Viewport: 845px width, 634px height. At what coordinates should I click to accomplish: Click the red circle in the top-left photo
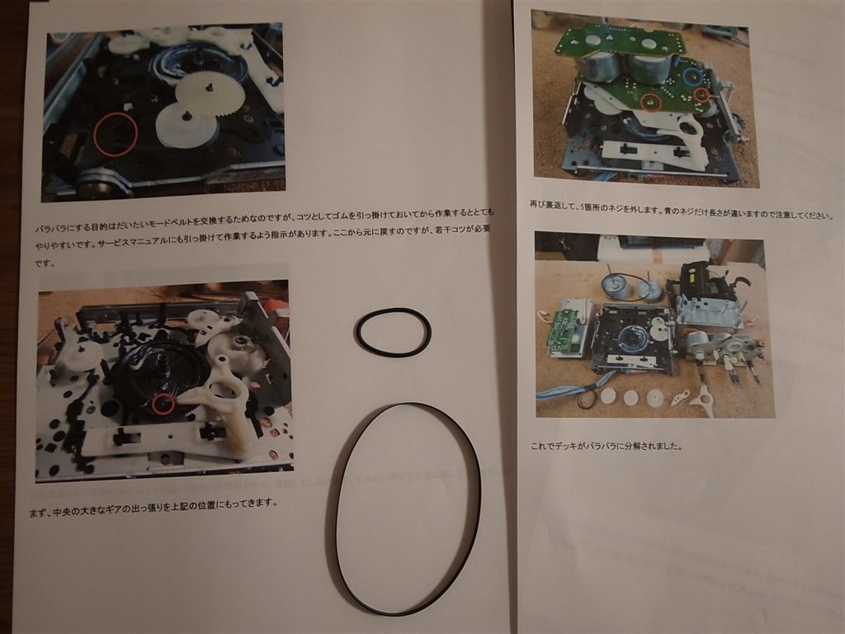[x=114, y=135]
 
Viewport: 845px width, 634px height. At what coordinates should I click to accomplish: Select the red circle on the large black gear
[x=163, y=405]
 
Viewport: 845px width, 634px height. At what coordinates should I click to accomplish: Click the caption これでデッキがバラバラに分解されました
[x=607, y=447]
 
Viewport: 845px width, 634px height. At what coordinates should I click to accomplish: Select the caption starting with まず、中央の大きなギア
[x=153, y=502]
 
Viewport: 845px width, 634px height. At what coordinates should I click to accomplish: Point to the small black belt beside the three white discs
[x=588, y=400]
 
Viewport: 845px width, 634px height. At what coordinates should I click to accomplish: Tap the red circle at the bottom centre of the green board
[x=651, y=102]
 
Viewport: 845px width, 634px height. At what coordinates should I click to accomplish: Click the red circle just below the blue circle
[x=701, y=95]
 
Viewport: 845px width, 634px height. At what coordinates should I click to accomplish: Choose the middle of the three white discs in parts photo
[x=631, y=397]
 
